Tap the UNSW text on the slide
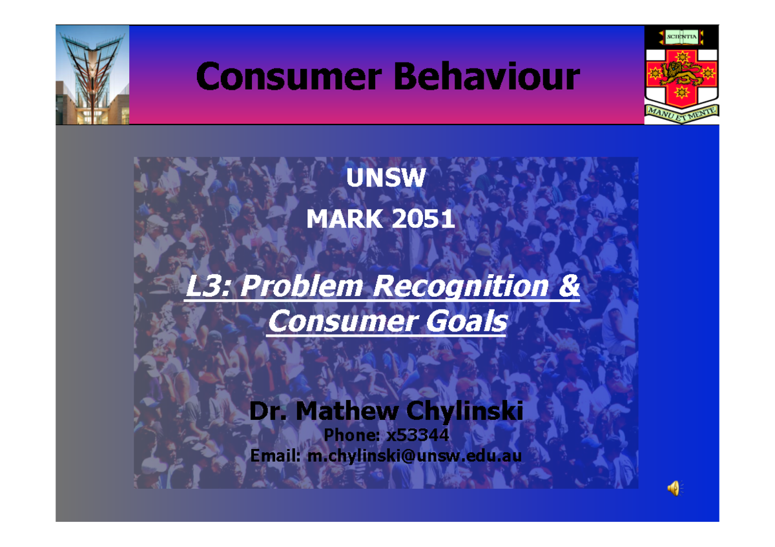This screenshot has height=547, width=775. click(x=386, y=179)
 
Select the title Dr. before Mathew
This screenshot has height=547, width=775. click(x=267, y=411)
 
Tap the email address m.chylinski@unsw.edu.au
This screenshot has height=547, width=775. click(x=414, y=456)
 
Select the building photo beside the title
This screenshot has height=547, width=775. click(x=92, y=75)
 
